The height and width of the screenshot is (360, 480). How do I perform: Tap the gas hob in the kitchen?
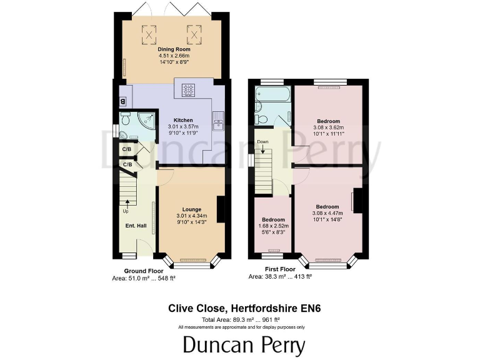tap(189, 90)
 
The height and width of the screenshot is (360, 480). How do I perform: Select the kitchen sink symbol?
tap(219, 118)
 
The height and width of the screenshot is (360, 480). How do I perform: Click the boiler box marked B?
tap(122, 102)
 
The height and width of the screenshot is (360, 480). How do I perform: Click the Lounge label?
tap(191, 209)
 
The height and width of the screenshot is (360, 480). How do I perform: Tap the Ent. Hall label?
tap(136, 225)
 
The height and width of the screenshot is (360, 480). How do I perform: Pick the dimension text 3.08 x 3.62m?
tap(328, 127)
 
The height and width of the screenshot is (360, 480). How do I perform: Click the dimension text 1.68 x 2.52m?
tap(273, 226)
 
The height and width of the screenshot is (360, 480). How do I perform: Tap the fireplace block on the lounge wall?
tap(221, 208)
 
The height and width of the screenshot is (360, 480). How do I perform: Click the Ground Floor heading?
tap(143, 271)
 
